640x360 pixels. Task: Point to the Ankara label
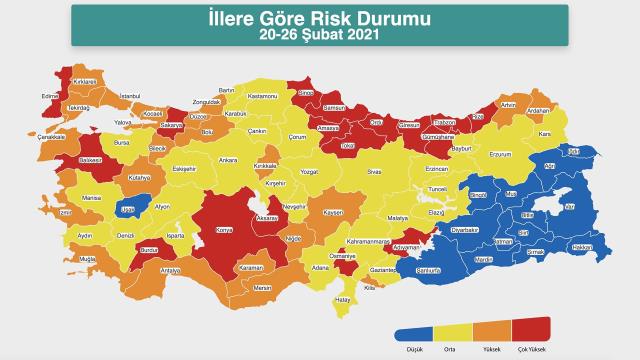228,159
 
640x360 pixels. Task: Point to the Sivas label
373,171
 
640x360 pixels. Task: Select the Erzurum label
499,154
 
